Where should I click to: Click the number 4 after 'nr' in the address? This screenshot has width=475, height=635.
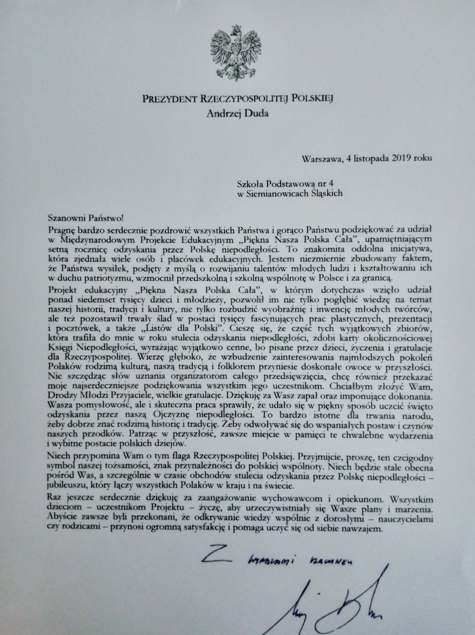[339, 184]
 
